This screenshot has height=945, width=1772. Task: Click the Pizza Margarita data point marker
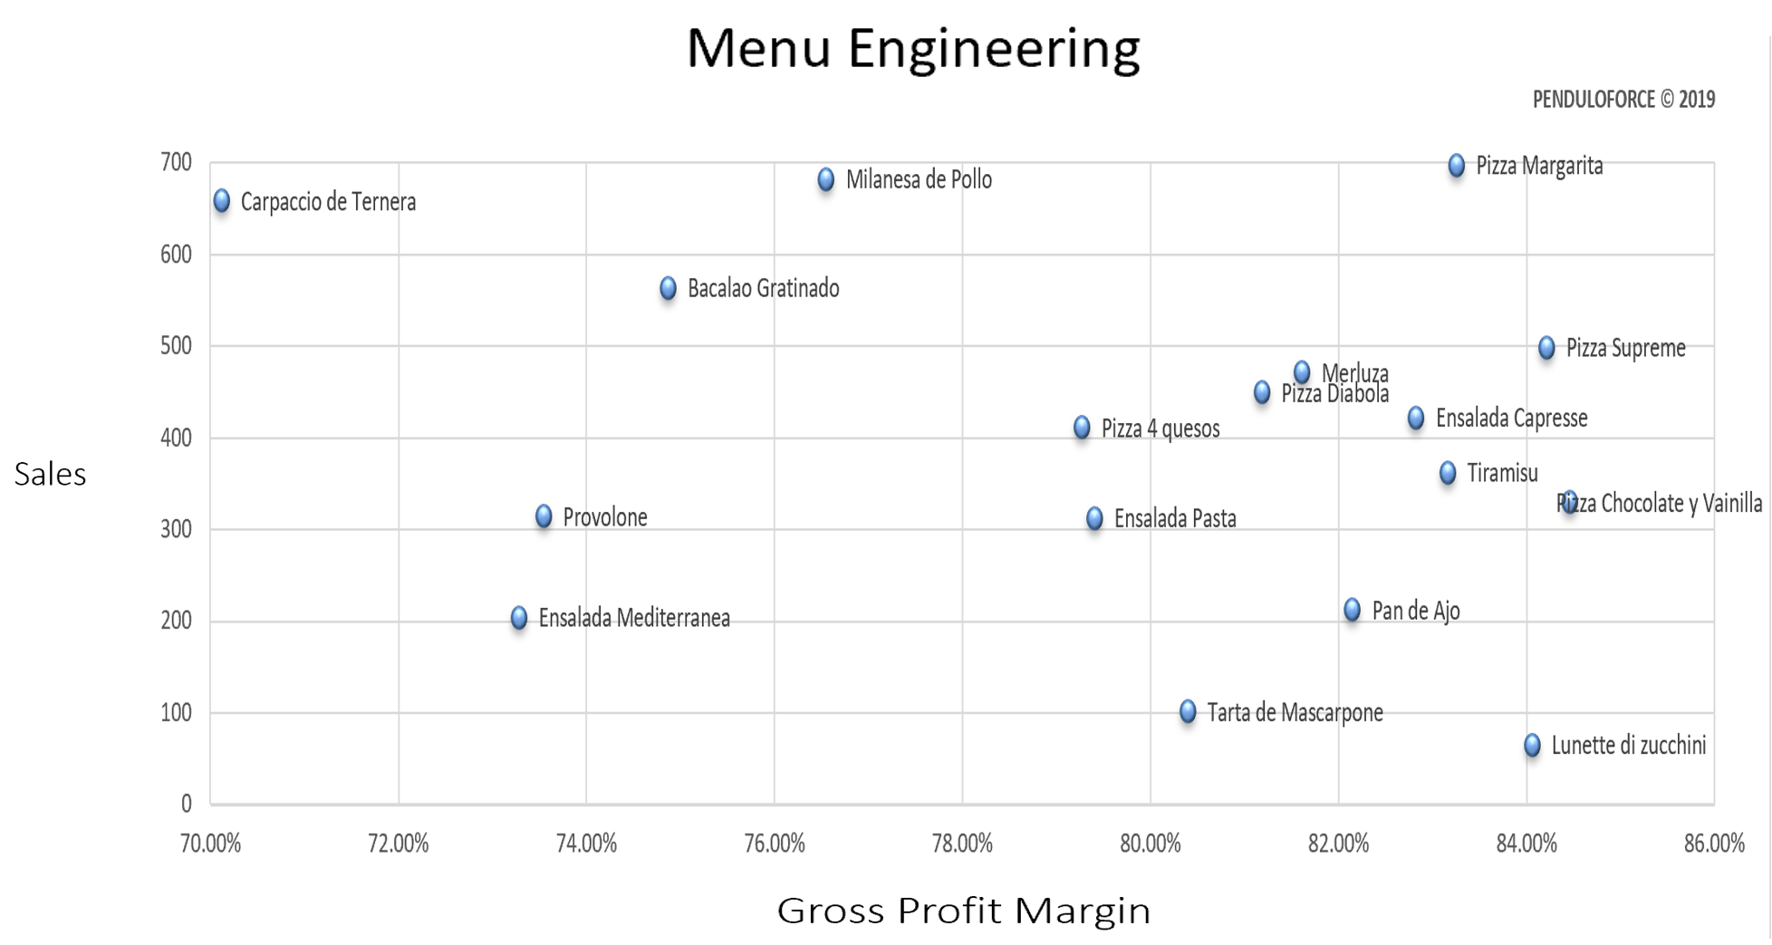pos(1456,166)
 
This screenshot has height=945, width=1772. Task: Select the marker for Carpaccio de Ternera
pos(222,201)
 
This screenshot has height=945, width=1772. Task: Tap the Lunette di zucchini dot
pos(1532,746)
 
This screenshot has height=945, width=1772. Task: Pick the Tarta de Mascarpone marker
pos(1188,712)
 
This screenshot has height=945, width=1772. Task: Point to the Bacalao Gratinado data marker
pos(668,289)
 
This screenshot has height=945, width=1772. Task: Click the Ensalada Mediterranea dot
pos(519,618)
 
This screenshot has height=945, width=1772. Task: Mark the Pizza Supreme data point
pos(1546,348)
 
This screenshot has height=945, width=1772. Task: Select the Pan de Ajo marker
pos(1352,610)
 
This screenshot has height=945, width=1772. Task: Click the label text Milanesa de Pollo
pos(919,180)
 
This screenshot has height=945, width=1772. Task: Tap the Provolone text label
pos(605,517)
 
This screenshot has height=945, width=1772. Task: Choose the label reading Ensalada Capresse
pos(1511,419)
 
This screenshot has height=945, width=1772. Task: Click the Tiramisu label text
pos(1502,473)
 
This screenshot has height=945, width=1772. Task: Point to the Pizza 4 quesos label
pos(1160,429)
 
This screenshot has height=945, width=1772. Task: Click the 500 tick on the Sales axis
pos(176,346)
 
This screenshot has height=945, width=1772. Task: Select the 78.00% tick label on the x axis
pos(962,844)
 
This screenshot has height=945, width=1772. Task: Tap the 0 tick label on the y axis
pos(186,804)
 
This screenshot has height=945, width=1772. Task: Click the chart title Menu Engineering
pos(912,48)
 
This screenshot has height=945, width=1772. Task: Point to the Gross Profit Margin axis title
pos(963,911)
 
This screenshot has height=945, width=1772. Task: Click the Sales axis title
pos(50,474)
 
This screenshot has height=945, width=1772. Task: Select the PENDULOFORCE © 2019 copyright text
pos(1623,100)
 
